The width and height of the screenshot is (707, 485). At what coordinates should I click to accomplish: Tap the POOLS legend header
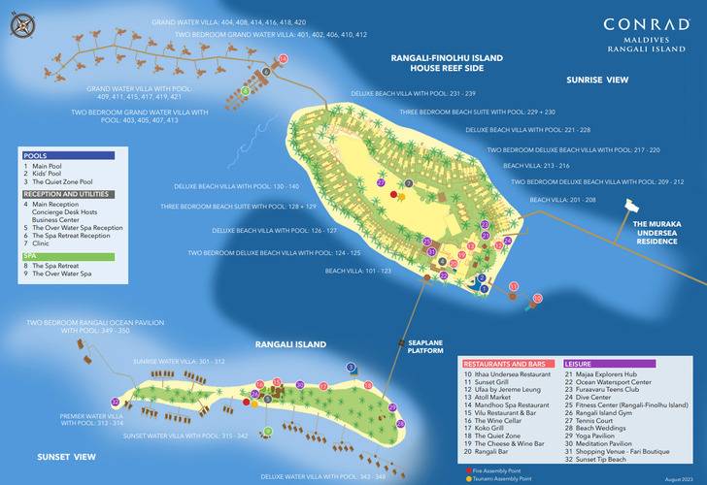tap(68, 155)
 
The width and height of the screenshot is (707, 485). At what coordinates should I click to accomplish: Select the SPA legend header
tap(68, 256)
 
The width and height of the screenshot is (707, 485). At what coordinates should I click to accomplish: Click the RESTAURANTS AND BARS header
tap(508, 363)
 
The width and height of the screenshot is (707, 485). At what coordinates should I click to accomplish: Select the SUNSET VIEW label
tap(66, 456)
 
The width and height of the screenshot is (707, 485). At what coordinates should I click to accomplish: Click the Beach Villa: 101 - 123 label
tap(357, 272)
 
